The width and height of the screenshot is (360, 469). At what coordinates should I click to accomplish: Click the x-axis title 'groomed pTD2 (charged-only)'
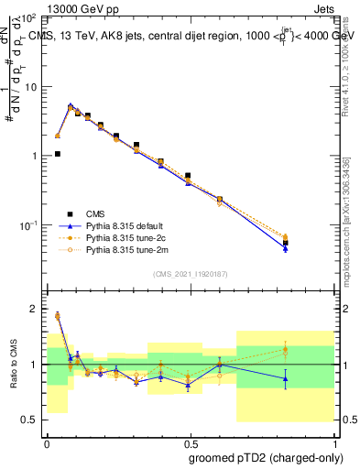267,459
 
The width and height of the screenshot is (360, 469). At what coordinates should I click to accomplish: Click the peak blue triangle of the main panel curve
71,106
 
